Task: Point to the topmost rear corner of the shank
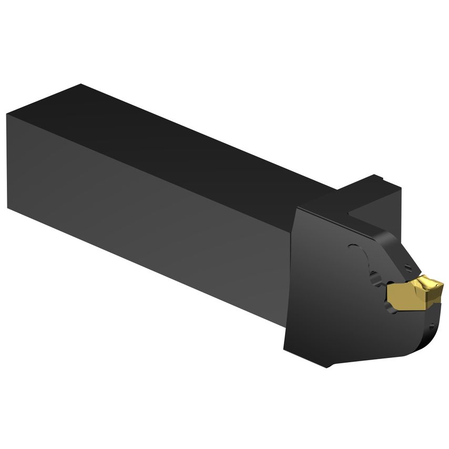tap(79, 84)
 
